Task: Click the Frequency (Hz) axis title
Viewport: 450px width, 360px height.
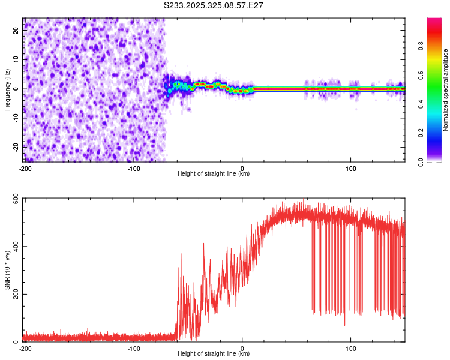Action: coord(7,90)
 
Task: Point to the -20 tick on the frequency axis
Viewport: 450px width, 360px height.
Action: coord(16,146)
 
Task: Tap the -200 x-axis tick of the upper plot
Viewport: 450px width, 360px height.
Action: coord(25,169)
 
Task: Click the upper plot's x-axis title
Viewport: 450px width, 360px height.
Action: coord(214,174)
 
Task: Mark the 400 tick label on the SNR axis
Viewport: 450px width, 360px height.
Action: coord(13,247)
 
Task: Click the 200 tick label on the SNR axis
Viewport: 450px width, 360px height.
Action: coord(13,295)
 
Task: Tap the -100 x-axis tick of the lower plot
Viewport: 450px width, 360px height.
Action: coord(134,349)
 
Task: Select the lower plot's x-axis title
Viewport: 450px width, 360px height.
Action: coord(214,354)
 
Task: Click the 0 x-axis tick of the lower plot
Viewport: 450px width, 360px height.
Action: coord(242,349)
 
